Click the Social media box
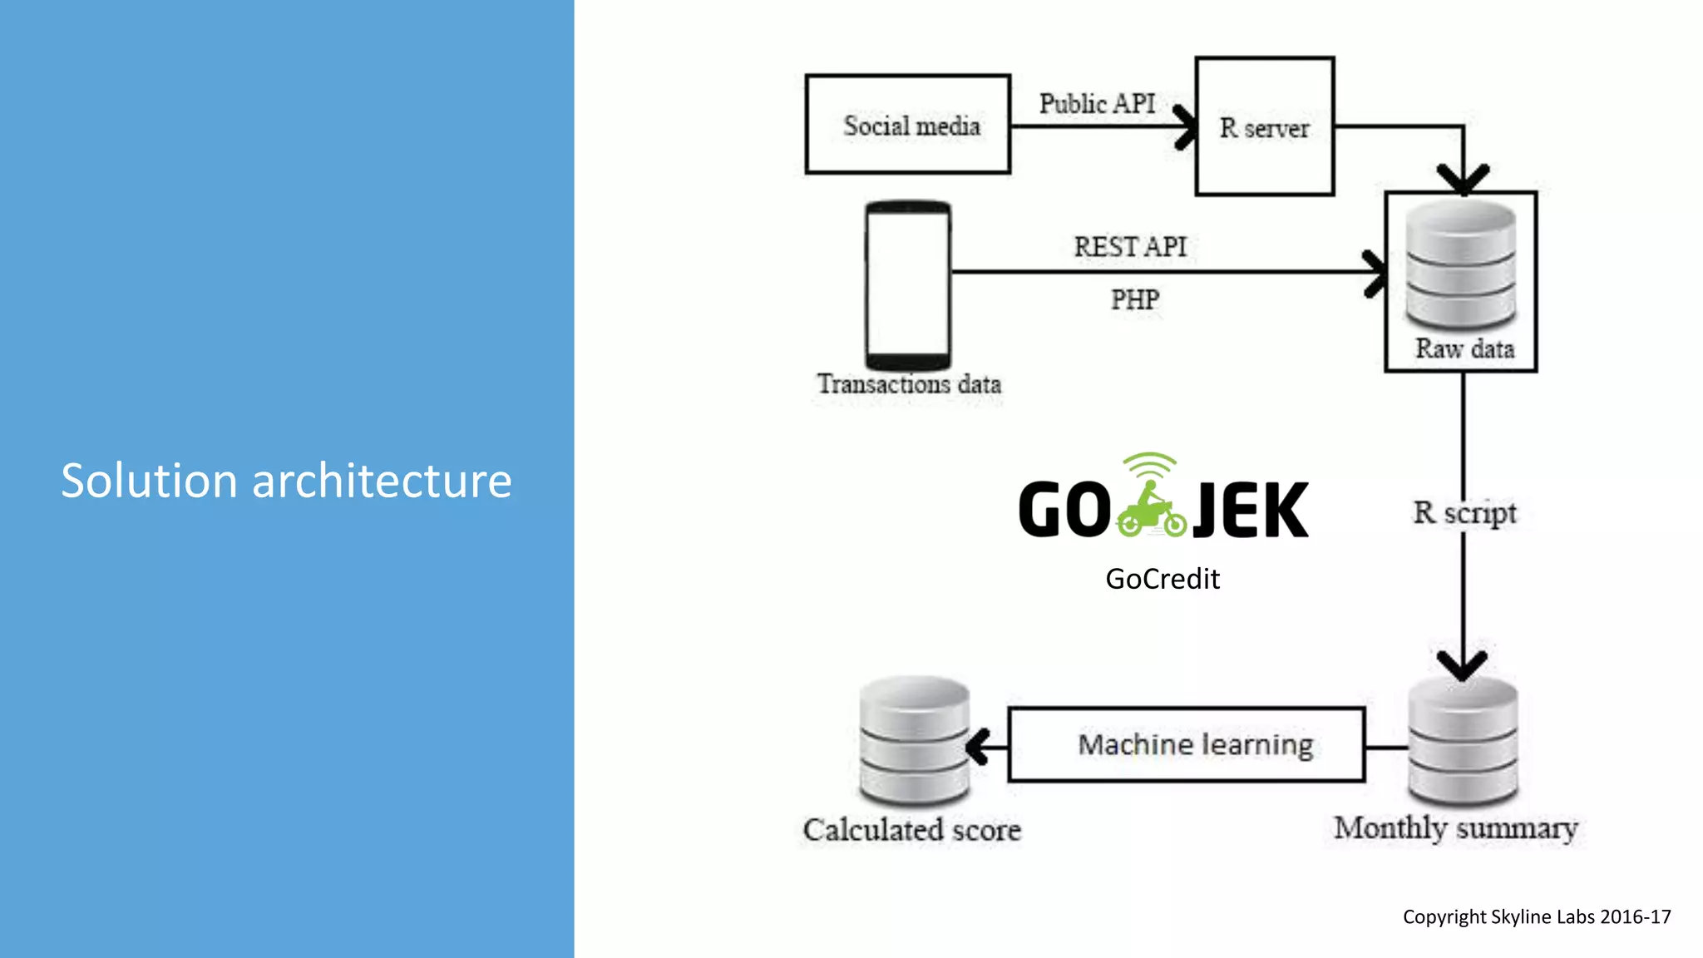tap(908, 125)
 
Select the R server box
tap(1265, 126)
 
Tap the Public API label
tap(1097, 103)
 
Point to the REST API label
tap(1130, 246)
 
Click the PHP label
tap(1135, 299)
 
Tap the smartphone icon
tap(908, 284)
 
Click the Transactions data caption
tap(909, 384)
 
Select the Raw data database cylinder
tap(1461, 264)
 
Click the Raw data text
tap(1464, 348)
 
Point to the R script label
tap(1464, 512)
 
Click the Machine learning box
tap(1187, 744)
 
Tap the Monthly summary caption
tap(1455, 827)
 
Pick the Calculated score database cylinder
tap(914, 740)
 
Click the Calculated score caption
tap(911, 829)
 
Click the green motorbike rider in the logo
tap(1152, 509)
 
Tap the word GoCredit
tap(1162, 579)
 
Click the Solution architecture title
tap(286, 481)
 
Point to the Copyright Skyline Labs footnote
tap(1536, 916)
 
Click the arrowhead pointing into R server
tap(1187, 126)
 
